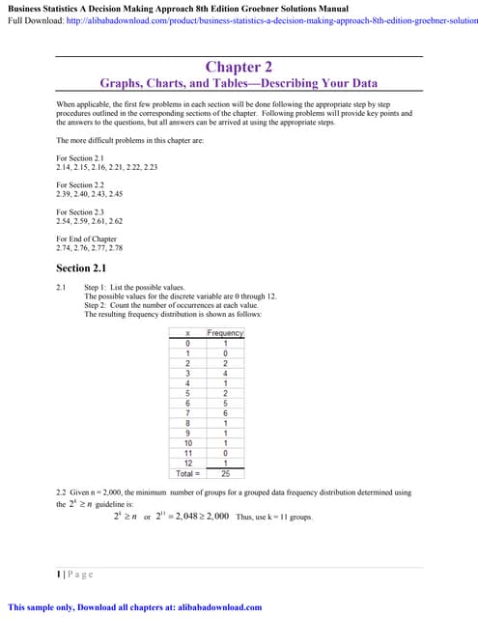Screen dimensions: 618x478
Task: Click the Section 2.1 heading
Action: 88,268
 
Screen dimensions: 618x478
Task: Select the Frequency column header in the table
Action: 225,333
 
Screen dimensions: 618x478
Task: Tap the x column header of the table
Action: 187,333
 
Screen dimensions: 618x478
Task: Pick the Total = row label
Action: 187,473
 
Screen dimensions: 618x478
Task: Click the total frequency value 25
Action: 225,473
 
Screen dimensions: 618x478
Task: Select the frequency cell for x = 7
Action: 225,411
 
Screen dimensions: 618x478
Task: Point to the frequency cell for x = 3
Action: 225,373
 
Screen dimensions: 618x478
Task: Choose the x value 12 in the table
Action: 187,463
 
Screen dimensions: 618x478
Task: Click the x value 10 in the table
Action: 187,443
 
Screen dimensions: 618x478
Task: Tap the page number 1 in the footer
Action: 59,574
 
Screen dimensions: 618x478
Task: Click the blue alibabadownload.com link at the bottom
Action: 214,607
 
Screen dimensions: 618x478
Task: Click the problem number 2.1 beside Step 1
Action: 63,288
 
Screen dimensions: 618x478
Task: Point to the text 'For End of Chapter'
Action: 86,239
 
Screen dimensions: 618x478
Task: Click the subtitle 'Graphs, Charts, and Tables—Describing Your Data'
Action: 239,84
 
